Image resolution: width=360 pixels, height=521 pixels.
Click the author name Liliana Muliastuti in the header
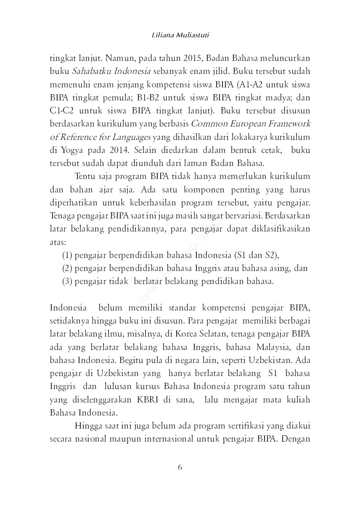tap(180, 36)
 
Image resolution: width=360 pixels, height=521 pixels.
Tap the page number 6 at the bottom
tap(180, 467)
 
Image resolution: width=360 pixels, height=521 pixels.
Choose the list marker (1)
tap(67, 255)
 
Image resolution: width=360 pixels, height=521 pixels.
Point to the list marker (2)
tap(67, 268)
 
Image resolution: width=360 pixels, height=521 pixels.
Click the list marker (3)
tap(67, 281)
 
